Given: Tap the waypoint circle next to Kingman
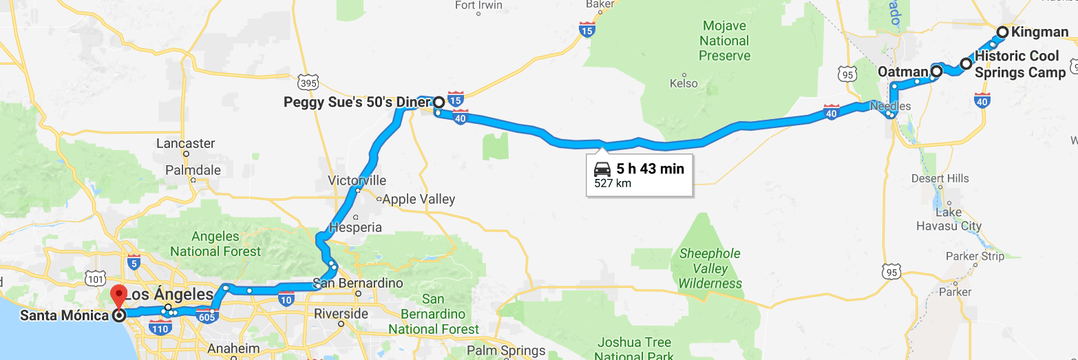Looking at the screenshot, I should (x=1003, y=32).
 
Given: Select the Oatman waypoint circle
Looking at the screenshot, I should (x=937, y=71).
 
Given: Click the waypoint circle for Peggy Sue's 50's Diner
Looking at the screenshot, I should (x=438, y=103).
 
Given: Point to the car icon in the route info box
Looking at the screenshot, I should (x=602, y=169).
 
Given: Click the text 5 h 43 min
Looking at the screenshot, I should (x=650, y=169).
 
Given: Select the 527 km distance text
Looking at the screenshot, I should (x=613, y=184).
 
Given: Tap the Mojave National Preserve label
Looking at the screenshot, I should (x=725, y=41).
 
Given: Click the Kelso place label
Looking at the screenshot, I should (x=683, y=83).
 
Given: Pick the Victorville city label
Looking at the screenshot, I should (x=357, y=180).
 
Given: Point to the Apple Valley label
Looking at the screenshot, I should (x=419, y=200).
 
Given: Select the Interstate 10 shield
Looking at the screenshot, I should (x=287, y=299).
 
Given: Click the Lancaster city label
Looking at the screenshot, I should (x=185, y=144).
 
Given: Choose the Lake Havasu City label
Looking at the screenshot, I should (x=949, y=219).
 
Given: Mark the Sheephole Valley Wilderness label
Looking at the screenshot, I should (x=710, y=268).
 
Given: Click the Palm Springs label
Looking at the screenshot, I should (x=506, y=350).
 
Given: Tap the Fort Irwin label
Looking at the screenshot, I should (x=479, y=6).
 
